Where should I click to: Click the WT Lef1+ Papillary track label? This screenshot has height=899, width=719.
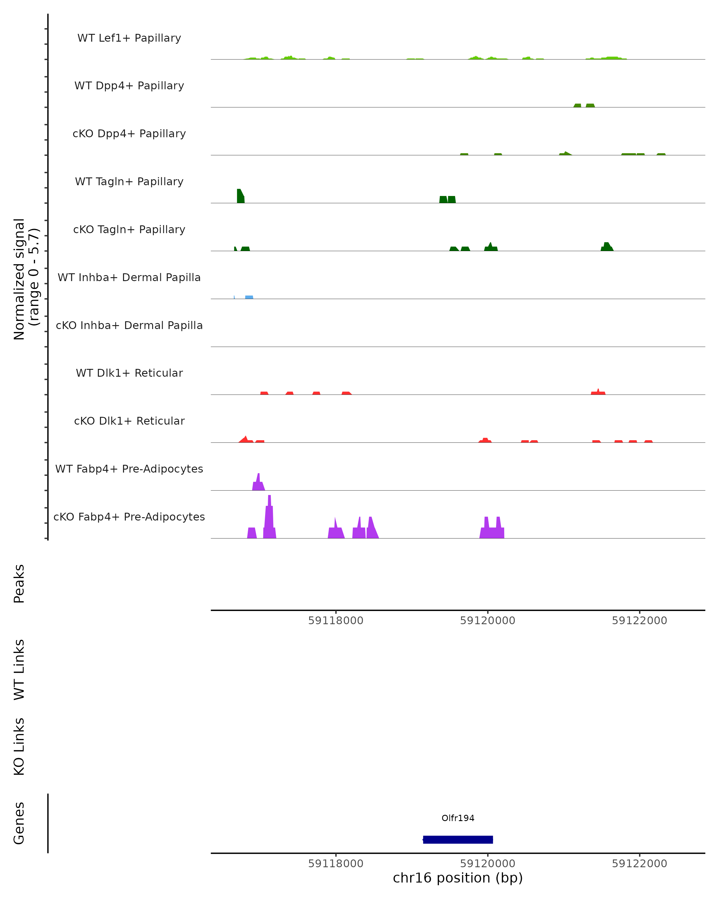pyautogui.click(x=129, y=38)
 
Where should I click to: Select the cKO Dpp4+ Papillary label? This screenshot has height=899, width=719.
pyautogui.click(x=129, y=134)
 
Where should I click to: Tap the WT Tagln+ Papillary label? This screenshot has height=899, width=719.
pyautogui.click(x=129, y=182)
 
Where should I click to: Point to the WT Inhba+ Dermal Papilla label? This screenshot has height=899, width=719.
pyautogui.click(x=129, y=278)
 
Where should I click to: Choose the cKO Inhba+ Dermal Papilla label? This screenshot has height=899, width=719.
pyautogui.click(x=129, y=326)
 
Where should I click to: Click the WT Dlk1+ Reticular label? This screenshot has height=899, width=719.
pyautogui.click(x=129, y=373)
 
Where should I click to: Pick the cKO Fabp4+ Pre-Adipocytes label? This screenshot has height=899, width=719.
pyautogui.click(x=129, y=517)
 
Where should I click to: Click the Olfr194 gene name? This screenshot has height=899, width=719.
pyautogui.click(x=458, y=818)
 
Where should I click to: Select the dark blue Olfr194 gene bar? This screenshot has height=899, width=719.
pyautogui.click(x=458, y=840)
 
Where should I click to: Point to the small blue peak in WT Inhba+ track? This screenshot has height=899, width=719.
pyautogui.click(x=249, y=297)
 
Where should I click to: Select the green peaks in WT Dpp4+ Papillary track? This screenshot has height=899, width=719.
pyautogui.click(x=584, y=105)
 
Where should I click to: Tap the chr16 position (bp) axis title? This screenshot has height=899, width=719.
pyautogui.click(x=458, y=878)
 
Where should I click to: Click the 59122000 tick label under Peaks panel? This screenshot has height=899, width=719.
pyautogui.click(x=639, y=621)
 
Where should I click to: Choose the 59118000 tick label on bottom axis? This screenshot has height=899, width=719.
pyautogui.click(x=336, y=864)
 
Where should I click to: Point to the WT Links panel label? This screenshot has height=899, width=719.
pyautogui.click(x=19, y=670)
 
